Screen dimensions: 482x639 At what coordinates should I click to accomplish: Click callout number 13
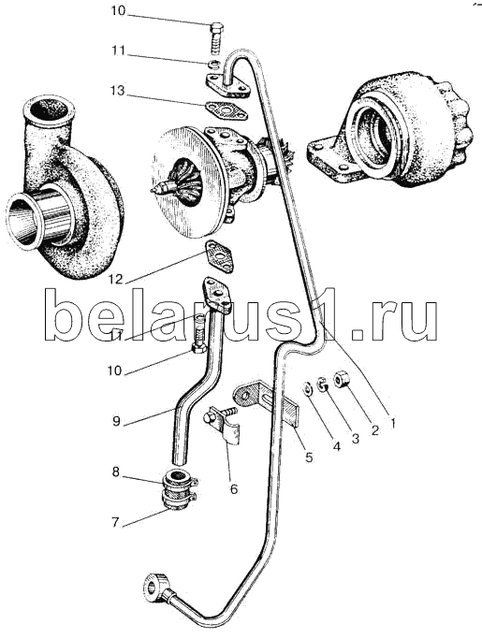[117, 90]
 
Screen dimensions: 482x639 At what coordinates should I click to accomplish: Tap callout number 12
[116, 280]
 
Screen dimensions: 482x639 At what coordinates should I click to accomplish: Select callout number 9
[117, 421]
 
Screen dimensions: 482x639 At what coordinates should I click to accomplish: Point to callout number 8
[116, 472]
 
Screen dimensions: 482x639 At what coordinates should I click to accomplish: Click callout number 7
[115, 522]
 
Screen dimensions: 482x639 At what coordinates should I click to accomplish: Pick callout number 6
[234, 488]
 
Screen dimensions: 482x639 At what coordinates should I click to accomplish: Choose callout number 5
[309, 457]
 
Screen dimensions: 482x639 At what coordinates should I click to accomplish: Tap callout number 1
[393, 424]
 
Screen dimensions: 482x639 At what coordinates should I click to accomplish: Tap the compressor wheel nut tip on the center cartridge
[155, 190]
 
